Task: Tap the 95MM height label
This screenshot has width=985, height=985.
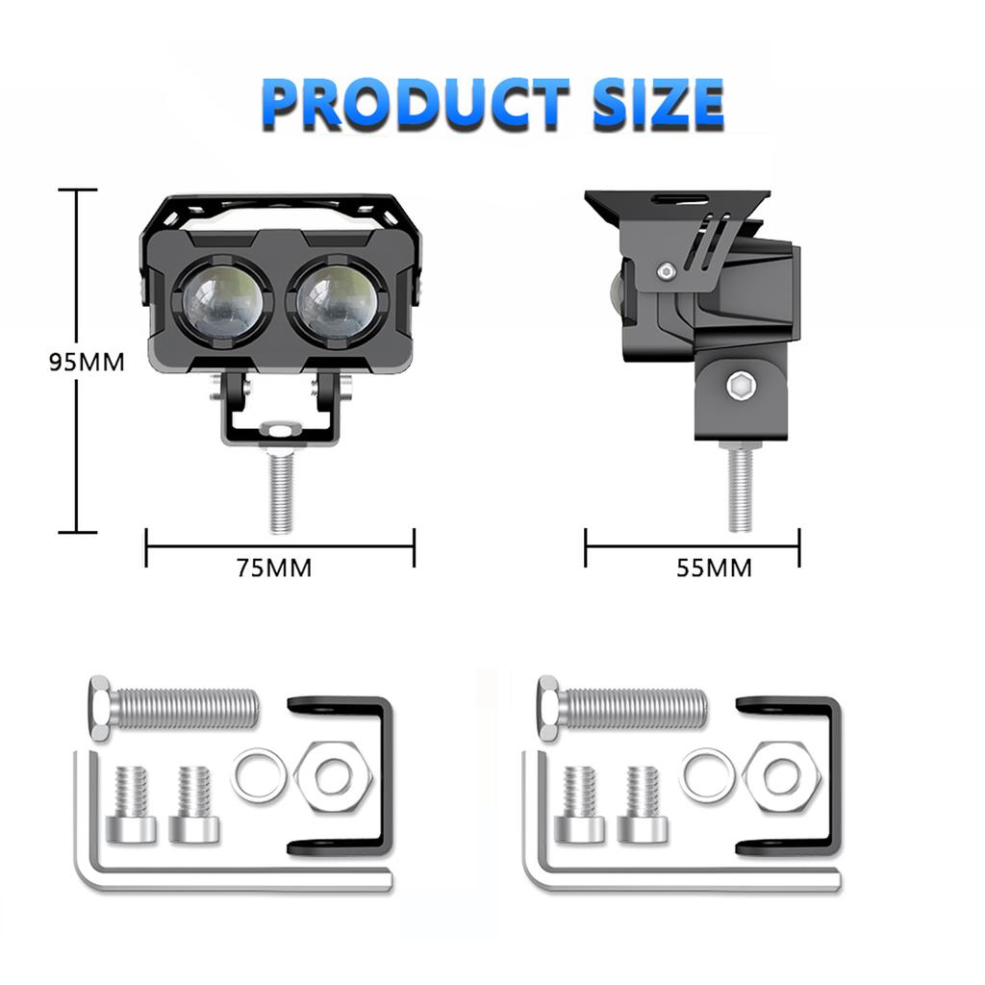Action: coord(88,363)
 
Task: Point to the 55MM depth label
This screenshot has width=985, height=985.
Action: coord(714,568)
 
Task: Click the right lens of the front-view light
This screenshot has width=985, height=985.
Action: coord(337,301)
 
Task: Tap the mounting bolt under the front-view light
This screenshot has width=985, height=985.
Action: coord(280,492)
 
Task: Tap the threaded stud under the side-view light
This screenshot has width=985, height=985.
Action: coord(740,491)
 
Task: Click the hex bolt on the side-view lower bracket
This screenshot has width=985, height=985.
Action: coord(740,387)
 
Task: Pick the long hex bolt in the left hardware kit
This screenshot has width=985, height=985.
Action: coord(174,707)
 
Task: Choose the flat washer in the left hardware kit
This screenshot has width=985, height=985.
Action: coord(259,775)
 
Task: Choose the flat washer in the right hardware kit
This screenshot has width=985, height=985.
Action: coord(707,775)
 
